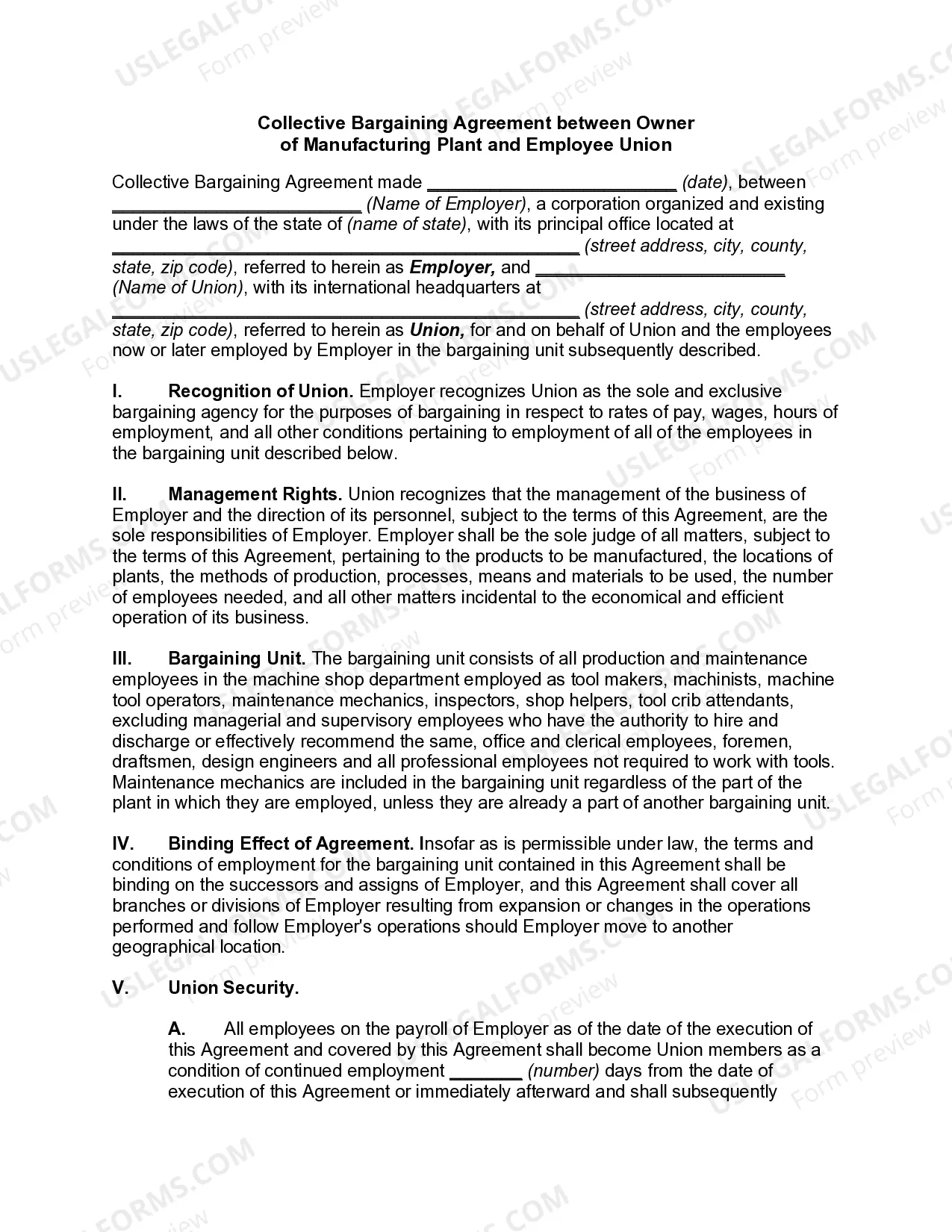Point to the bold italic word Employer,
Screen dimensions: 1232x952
pos(452,267)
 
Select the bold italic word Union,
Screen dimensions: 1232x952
pos(437,330)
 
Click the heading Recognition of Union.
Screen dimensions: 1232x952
pos(261,391)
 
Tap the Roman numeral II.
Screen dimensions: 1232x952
pos(119,494)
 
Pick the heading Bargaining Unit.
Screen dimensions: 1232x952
pos(237,659)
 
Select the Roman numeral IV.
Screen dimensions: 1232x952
pos(122,844)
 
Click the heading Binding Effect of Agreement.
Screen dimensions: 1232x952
pos(290,844)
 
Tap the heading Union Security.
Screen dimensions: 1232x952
pos(233,988)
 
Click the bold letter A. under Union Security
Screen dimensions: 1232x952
pos(176,1029)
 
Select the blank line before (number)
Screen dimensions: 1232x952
pos(486,1071)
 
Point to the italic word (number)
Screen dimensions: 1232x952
pos(563,1071)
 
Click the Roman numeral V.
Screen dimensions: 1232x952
pos(119,988)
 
